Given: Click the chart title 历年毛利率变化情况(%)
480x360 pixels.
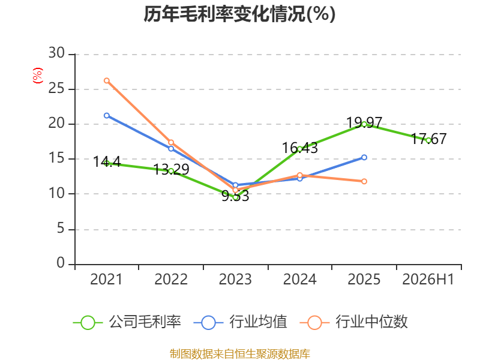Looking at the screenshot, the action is (x=239, y=14).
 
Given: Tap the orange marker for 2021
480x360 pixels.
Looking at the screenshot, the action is (x=107, y=80).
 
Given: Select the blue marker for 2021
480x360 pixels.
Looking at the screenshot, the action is (x=107, y=115).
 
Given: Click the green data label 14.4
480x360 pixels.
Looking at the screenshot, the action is (x=107, y=161).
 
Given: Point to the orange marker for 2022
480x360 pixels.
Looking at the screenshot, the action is (x=171, y=142).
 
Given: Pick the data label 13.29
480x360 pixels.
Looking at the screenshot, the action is (x=171, y=169).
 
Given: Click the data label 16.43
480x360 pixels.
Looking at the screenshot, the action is (x=299, y=148).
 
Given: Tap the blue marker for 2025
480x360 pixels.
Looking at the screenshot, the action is (x=364, y=157).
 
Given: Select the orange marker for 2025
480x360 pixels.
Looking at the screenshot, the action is (x=364, y=181).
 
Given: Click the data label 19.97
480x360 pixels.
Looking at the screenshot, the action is (x=364, y=123).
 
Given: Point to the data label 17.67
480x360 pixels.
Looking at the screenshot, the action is (x=428, y=139).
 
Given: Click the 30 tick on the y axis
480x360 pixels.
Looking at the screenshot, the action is (x=56, y=53).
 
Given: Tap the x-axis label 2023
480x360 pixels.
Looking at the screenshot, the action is (x=235, y=279).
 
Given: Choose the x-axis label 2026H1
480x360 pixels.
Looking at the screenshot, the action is (x=428, y=279).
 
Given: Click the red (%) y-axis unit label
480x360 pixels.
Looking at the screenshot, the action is (x=38, y=76).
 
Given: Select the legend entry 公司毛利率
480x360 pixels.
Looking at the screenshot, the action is (x=127, y=322).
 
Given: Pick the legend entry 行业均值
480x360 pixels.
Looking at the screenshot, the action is (x=241, y=322).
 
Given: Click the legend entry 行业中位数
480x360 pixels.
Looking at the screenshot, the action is (x=354, y=322).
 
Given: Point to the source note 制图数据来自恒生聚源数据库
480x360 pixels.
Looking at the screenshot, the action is (x=240, y=354).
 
